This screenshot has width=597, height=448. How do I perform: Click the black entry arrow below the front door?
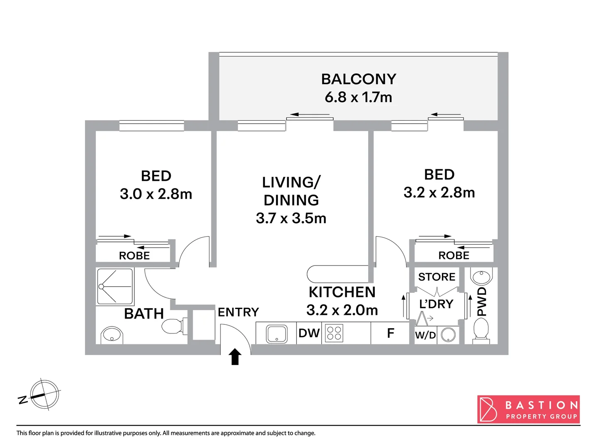(235, 357)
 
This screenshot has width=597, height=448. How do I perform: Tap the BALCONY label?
(359, 79)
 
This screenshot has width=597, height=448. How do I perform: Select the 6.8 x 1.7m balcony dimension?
(359, 97)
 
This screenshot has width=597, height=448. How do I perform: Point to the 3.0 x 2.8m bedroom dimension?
(156, 194)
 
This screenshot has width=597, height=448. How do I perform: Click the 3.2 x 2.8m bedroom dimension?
(439, 192)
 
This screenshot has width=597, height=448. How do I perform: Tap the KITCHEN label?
(342, 292)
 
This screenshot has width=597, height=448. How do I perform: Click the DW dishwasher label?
(309, 333)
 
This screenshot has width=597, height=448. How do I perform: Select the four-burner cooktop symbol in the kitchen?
(334, 333)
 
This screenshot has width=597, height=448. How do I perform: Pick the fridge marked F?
(390, 333)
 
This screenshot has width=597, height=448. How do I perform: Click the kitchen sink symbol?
(277, 334)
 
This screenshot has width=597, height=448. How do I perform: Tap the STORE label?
(437, 277)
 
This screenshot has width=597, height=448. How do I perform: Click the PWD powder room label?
(481, 302)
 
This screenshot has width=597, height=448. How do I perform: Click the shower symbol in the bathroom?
(115, 287)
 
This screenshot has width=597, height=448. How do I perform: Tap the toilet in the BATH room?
(174, 326)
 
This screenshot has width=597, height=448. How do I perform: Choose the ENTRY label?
(238, 312)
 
